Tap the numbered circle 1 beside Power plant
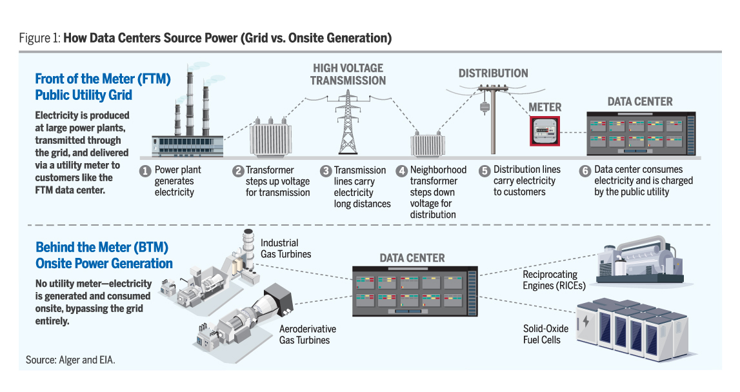tap(145, 171)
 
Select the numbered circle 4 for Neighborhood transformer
tap(402, 171)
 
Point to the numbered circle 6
tap(585, 171)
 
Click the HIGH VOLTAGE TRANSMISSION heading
tap(348, 74)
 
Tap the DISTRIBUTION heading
tap(493, 73)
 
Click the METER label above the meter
tap(545, 107)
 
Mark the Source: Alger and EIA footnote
tap(70, 360)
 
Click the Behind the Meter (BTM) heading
tap(103, 255)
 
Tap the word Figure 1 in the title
tap(39, 38)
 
